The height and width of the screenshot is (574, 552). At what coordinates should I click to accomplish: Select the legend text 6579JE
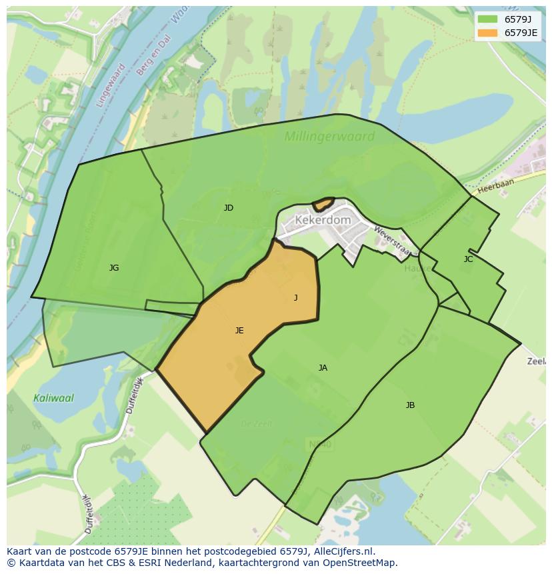[x=521, y=33]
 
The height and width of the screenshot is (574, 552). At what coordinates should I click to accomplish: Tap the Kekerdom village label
[x=323, y=219]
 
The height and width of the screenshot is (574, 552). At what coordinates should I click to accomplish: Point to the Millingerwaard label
[x=329, y=137]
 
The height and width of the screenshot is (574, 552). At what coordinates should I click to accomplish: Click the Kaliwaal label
[x=53, y=398]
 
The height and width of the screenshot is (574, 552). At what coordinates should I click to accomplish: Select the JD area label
[x=229, y=208]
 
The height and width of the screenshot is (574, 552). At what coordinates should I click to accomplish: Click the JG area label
[x=114, y=268]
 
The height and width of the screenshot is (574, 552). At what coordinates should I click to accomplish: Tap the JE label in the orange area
[x=239, y=330]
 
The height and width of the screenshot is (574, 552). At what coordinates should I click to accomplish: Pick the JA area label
[x=323, y=367]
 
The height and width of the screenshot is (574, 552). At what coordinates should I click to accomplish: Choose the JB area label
[x=410, y=405]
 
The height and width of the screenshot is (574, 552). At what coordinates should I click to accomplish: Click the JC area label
[x=468, y=259]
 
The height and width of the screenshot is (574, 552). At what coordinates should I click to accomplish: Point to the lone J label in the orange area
[x=296, y=298]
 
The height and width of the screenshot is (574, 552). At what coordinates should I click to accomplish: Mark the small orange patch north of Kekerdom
[x=323, y=203]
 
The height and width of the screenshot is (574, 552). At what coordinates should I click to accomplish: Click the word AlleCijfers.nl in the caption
[x=344, y=551]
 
